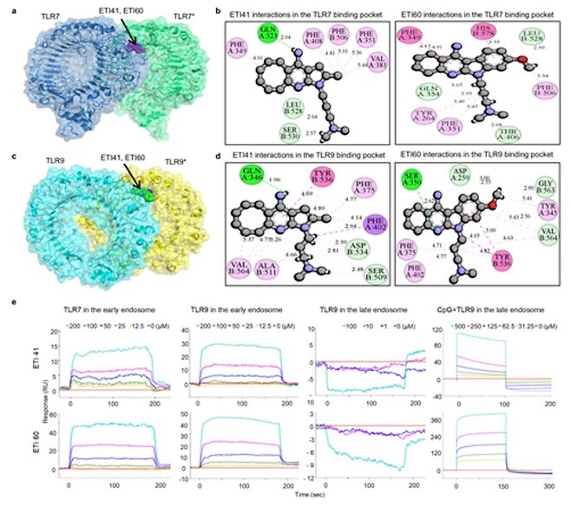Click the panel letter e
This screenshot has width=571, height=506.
pos(9,304)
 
